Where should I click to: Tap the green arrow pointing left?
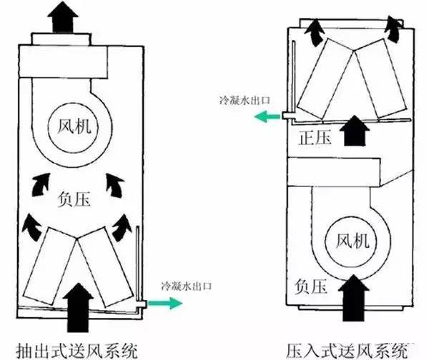coord(267,115)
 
